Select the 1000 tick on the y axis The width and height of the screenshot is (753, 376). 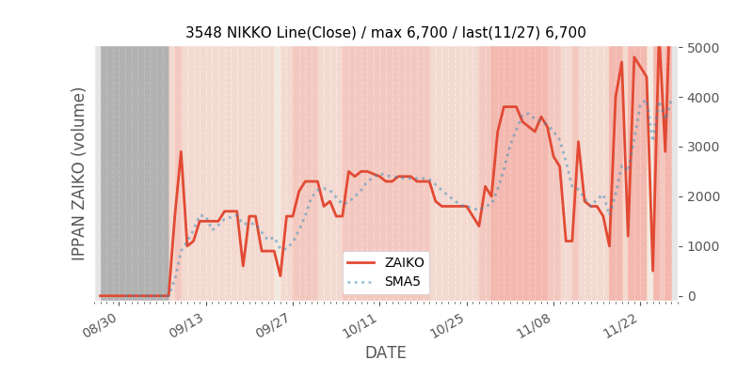pos(701,246)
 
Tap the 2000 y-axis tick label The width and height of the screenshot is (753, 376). pos(701,196)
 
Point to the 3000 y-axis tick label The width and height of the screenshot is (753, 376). pos(701,147)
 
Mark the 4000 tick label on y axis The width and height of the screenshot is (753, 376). pos(701,97)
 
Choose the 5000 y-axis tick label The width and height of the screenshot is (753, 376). pos(701,47)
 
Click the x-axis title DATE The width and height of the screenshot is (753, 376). pos(386,352)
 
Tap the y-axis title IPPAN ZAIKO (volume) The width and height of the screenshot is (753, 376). pos(79,173)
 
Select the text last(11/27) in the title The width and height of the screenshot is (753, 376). pos(497,33)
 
